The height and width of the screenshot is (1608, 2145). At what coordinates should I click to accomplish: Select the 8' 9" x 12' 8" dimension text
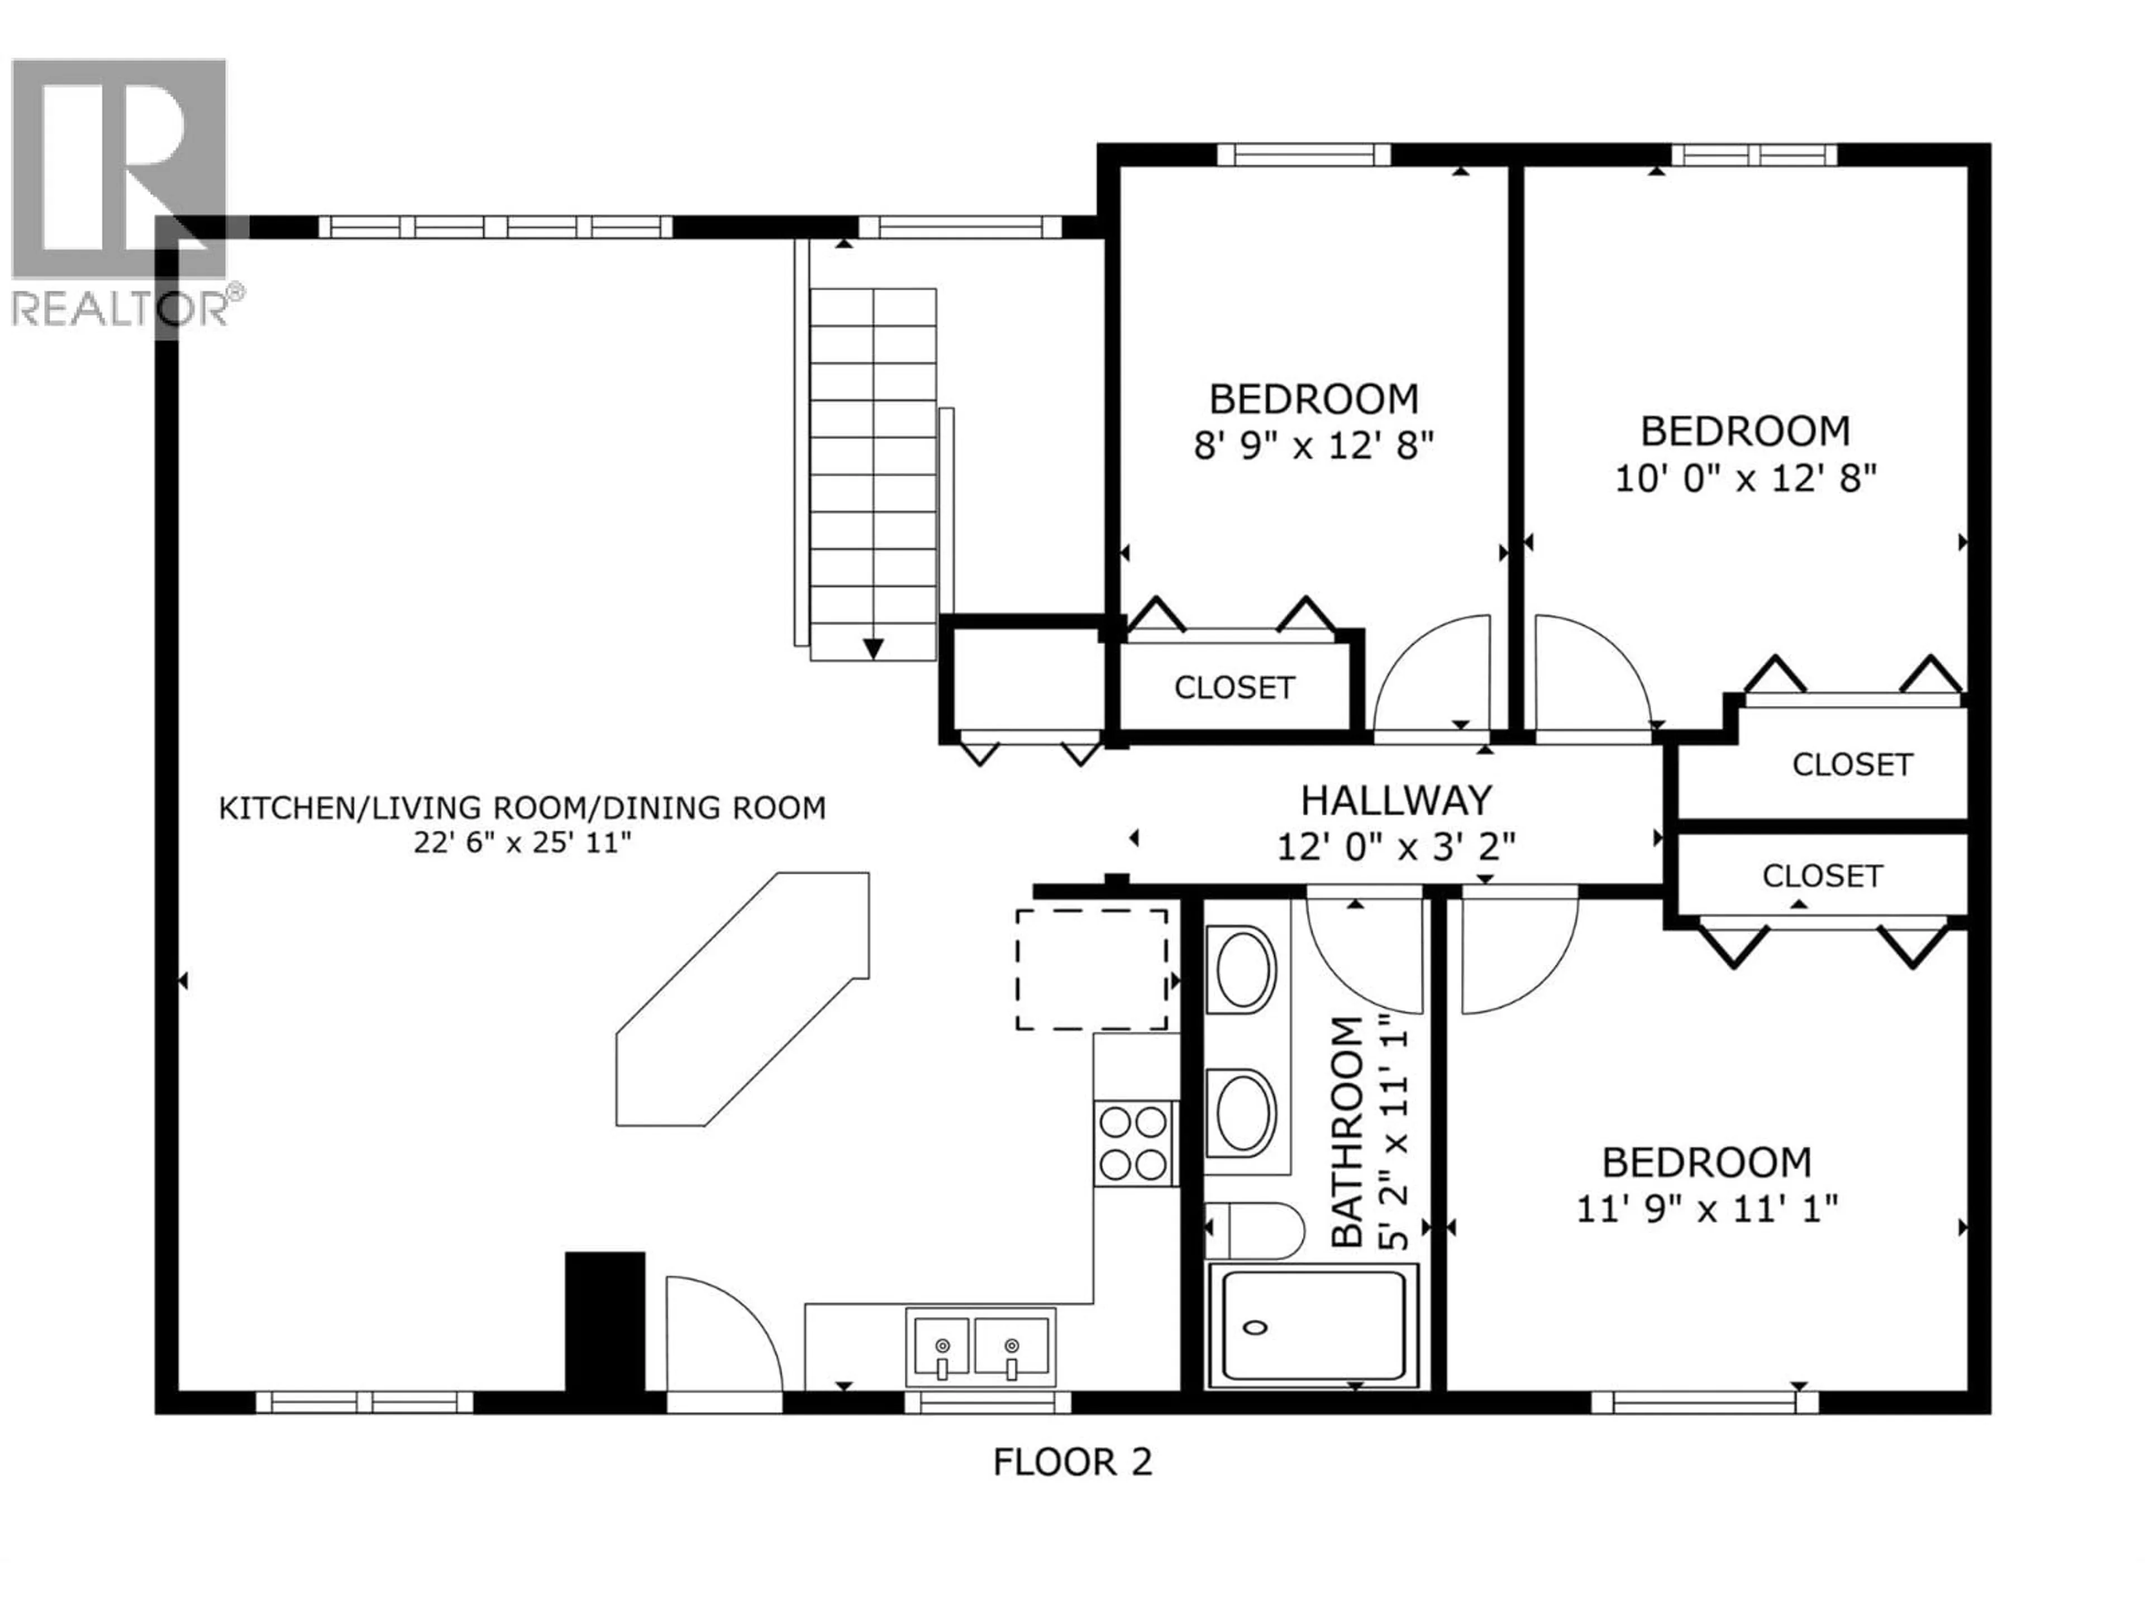coord(1313,446)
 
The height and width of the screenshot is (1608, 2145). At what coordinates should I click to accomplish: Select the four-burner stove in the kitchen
coord(1133,1143)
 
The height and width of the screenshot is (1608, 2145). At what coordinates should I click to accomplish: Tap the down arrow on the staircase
coord(873,648)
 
